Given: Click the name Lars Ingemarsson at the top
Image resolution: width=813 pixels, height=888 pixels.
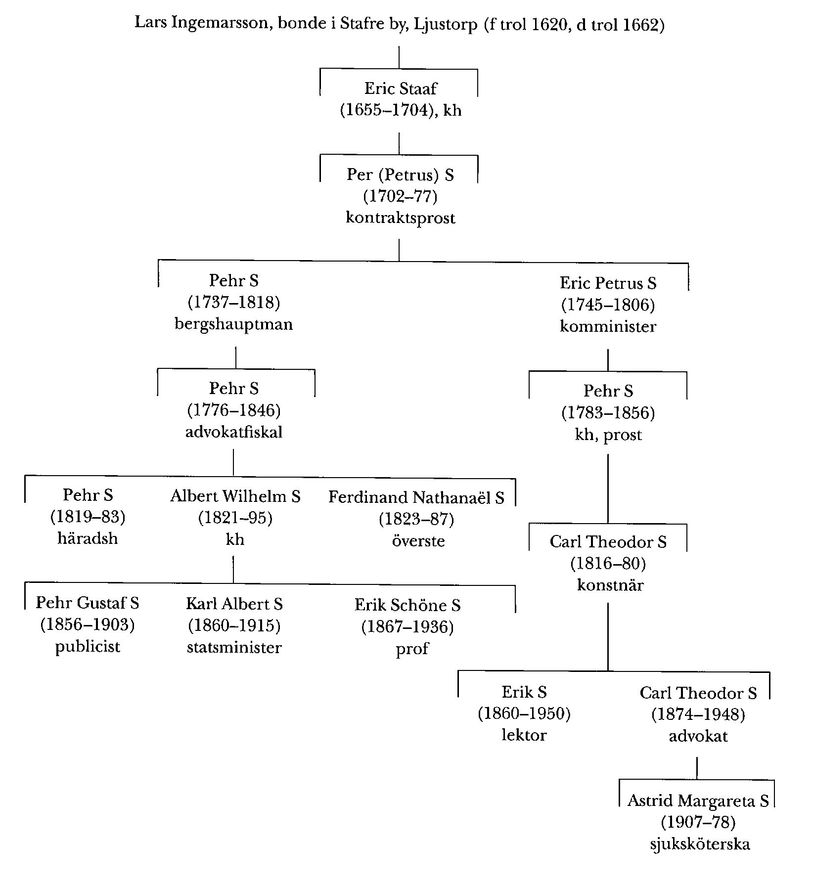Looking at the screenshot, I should [x=201, y=23].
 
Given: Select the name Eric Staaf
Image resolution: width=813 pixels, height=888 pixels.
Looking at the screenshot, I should [x=401, y=89].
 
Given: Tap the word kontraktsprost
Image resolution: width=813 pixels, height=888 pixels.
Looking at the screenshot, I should [x=400, y=218].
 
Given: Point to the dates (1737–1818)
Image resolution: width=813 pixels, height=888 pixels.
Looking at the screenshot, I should [x=233, y=303].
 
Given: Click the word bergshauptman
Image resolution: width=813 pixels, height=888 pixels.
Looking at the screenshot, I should [x=233, y=324].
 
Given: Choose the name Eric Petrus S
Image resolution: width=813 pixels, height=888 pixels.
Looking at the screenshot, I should [x=608, y=283].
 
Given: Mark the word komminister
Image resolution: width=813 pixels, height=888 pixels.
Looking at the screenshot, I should [x=608, y=327].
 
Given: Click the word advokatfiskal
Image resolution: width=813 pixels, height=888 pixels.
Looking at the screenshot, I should [x=233, y=432].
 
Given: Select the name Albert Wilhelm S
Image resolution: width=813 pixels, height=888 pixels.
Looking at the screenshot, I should [x=235, y=496].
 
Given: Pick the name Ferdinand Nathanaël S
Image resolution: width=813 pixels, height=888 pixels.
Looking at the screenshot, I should [x=416, y=497].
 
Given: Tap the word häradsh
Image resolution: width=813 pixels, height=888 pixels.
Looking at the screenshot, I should [x=88, y=538].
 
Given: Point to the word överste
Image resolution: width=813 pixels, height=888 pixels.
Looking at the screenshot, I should [x=418, y=540].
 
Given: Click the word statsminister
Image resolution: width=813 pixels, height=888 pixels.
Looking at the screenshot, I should [x=234, y=648].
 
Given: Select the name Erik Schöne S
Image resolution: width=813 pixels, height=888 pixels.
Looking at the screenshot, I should [x=407, y=605].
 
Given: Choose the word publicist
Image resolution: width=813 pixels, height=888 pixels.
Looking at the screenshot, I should [x=88, y=647].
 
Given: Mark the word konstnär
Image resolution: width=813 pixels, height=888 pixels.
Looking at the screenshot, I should [x=610, y=585].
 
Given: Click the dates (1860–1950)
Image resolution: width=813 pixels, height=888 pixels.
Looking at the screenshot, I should [x=524, y=714].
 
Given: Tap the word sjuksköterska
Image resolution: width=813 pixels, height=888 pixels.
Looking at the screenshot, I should [x=699, y=844].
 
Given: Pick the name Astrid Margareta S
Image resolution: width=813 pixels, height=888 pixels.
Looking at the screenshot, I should [x=698, y=800].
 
